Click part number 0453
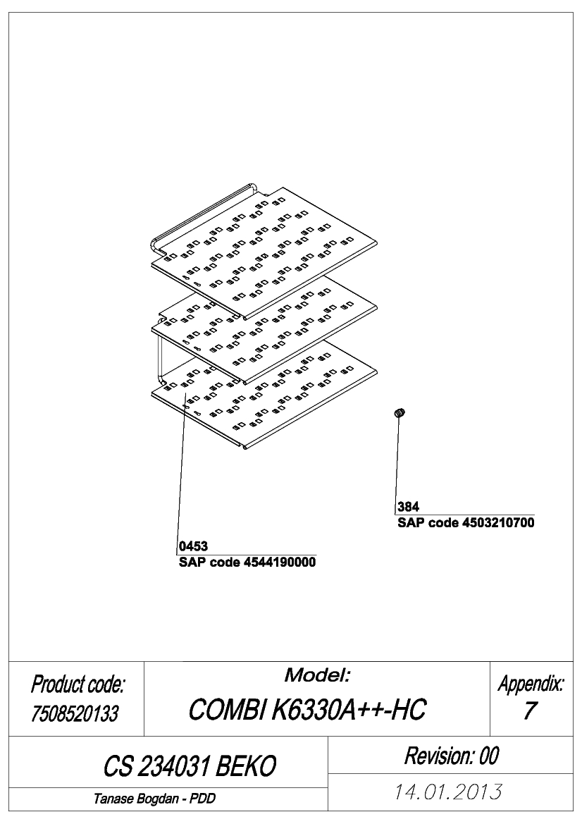[193, 546]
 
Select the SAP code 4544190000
[247, 562]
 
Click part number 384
[408, 507]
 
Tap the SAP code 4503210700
[466, 523]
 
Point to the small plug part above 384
[400, 413]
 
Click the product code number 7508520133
[75, 713]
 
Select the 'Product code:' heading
[78, 684]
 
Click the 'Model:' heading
[317, 675]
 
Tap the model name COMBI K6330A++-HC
[307, 709]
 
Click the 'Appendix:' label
[531, 684]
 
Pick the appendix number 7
[529, 711]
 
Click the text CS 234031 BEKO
[190, 766]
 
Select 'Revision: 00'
[451, 756]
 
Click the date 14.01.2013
[448, 792]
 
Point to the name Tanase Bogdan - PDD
[154, 799]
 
